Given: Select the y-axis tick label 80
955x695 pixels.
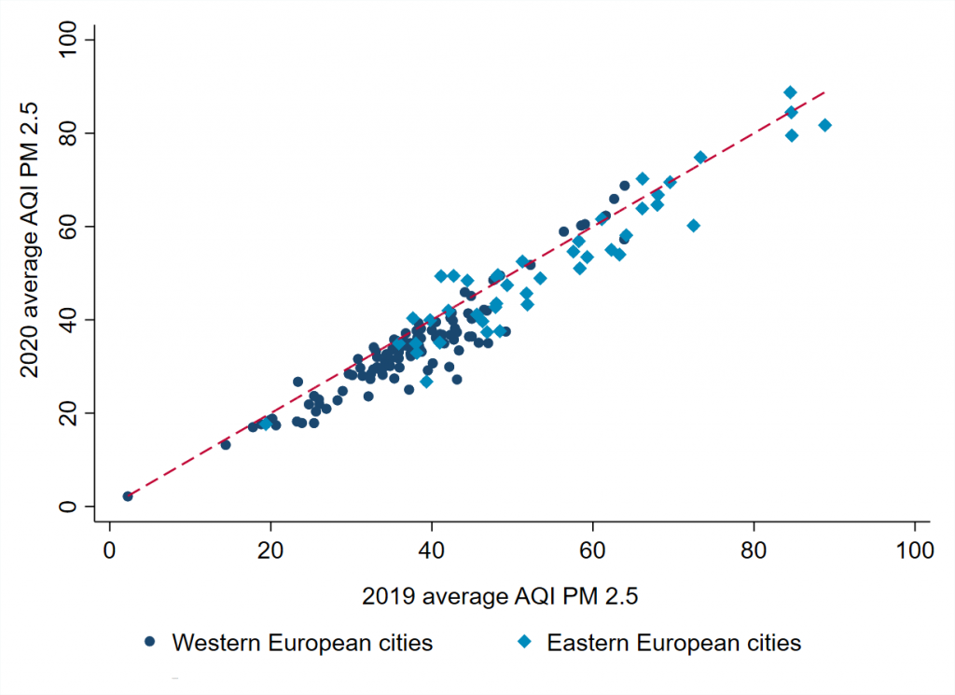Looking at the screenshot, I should pyautogui.click(x=68, y=133).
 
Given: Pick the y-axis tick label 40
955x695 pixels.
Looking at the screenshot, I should pyautogui.click(x=68, y=320).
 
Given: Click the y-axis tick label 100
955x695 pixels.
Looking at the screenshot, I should pyautogui.click(x=68, y=40).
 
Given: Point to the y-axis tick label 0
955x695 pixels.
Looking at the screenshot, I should pyautogui.click(x=68, y=507).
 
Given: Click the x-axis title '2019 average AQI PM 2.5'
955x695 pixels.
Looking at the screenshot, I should pyautogui.click(x=511, y=594).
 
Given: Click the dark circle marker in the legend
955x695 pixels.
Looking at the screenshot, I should pyautogui.click(x=149, y=642).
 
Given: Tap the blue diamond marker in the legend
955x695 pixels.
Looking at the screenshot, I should pyautogui.click(x=525, y=642).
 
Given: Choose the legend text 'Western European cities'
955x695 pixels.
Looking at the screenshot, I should pyautogui.click(x=302, y=643).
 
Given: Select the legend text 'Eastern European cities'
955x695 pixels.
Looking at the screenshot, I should pyautogui.click(x=673, y=643).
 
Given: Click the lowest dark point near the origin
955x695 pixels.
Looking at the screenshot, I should pyautogui.click(x=128, y=496).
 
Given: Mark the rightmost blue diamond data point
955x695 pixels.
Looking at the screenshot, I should pyautogui.click(x=824, y=125).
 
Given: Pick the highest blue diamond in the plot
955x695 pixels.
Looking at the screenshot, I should pyautogui.click(x=790, y=92).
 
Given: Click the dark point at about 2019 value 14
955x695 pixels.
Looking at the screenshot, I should pyautogui.click(x=225, y=445).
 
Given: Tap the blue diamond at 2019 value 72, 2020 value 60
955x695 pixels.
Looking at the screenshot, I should pyautogui.click(x=693, y=226).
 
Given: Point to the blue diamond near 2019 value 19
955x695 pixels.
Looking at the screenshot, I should pyautogui.click(x=265, y=424).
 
